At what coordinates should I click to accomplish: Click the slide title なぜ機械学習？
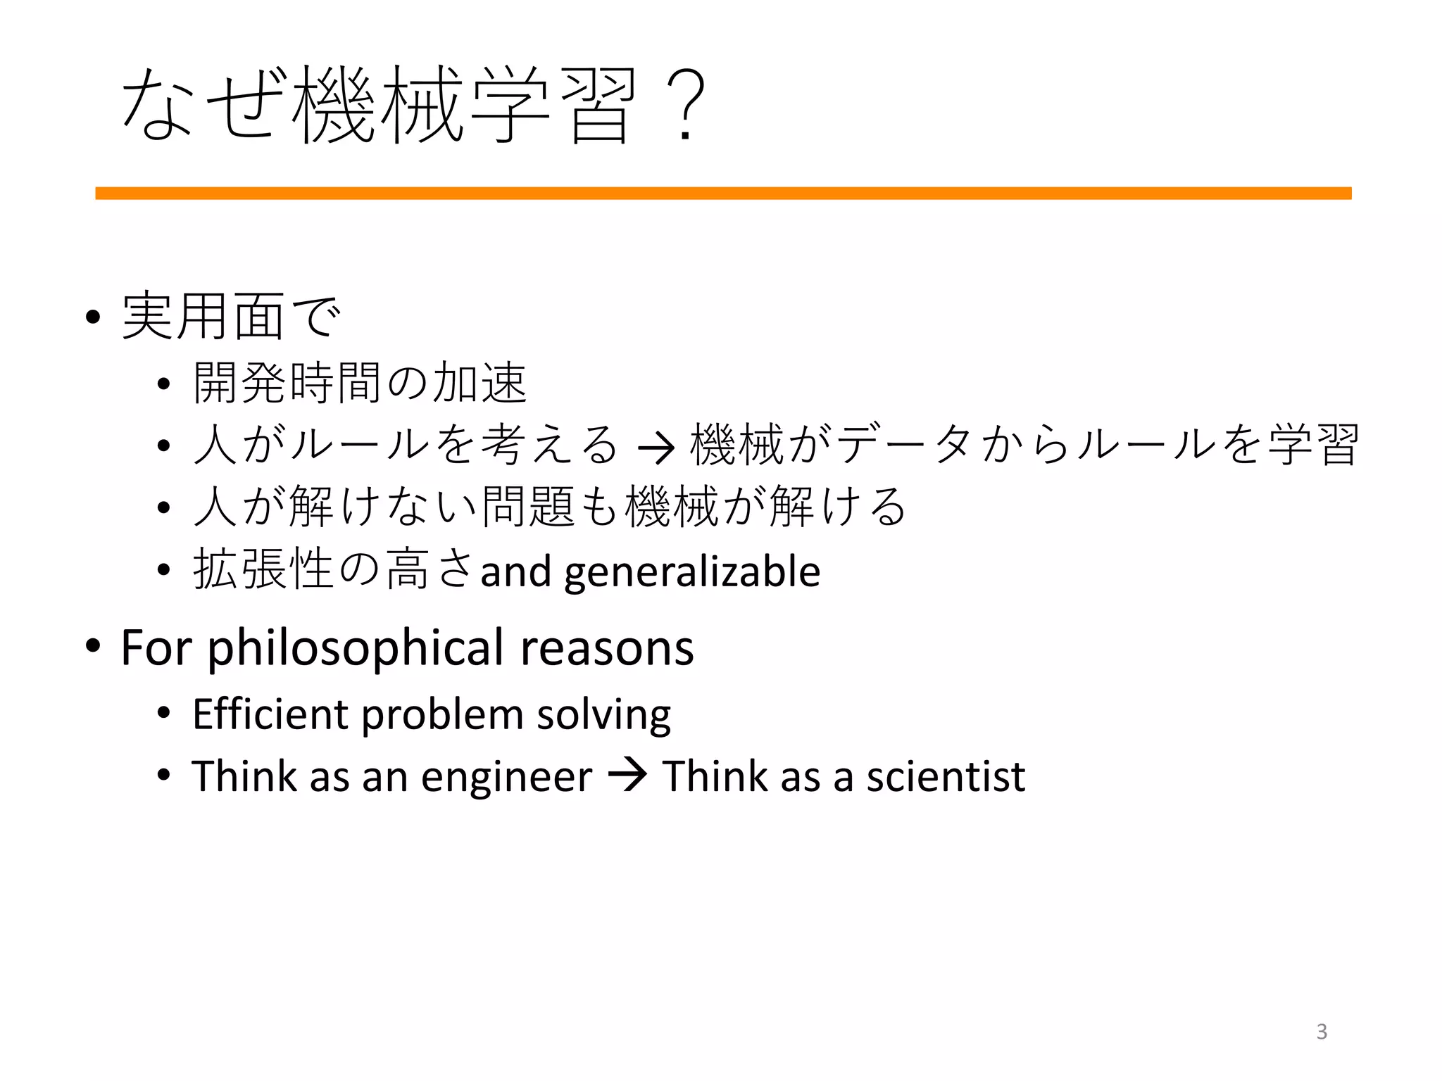[412, 106]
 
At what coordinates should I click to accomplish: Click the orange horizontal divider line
[723, 194]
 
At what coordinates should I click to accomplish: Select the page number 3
[1322, 1032]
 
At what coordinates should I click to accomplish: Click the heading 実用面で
[231, 317]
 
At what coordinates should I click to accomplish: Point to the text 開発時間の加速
[360, 384]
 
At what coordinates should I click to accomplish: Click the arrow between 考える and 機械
[655, 448]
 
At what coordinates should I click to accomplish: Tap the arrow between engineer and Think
[627, 776]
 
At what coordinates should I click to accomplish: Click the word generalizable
[692, 571]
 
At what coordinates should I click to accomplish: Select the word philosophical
[356, 648]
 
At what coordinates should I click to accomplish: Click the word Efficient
[270, 714]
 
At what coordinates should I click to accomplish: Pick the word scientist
[946, 776]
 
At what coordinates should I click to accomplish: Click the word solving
[603, 715]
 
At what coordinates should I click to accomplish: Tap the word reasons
[607, 648]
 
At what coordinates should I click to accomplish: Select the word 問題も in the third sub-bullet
[551, 507]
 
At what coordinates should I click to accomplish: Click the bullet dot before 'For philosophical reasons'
[92, 645]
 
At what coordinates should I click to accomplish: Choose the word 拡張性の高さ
[333, 570]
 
